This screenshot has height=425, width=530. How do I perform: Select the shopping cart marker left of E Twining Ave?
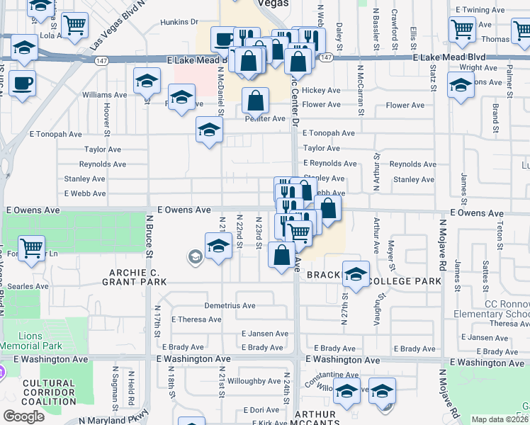(462, 29)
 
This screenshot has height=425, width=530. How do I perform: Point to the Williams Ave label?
(104, 94)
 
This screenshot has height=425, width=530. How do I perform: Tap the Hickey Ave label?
(322, 91)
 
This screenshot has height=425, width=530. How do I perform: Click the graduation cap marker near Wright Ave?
(461, 86)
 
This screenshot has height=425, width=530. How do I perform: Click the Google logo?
(23, 416)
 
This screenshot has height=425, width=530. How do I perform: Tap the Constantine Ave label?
(332, 374)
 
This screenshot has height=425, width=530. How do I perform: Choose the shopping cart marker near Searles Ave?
(31, 249)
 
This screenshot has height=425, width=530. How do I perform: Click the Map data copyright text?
(500, 419)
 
